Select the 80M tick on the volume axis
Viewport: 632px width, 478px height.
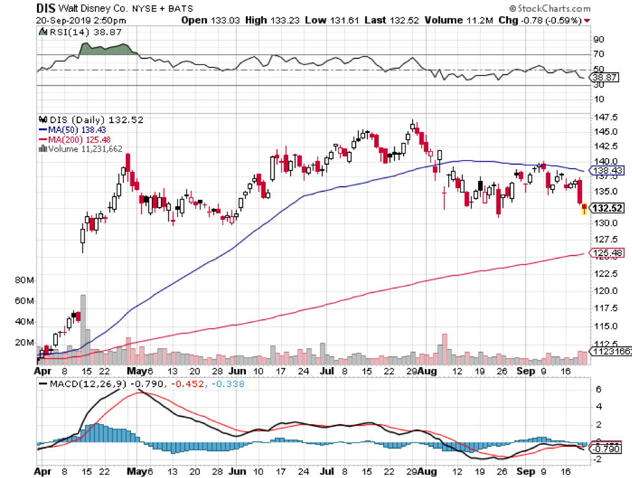pyautogui.click(x=24, y=281)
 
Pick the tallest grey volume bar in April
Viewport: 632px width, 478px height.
pyautogui.click(x=83, y=328)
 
